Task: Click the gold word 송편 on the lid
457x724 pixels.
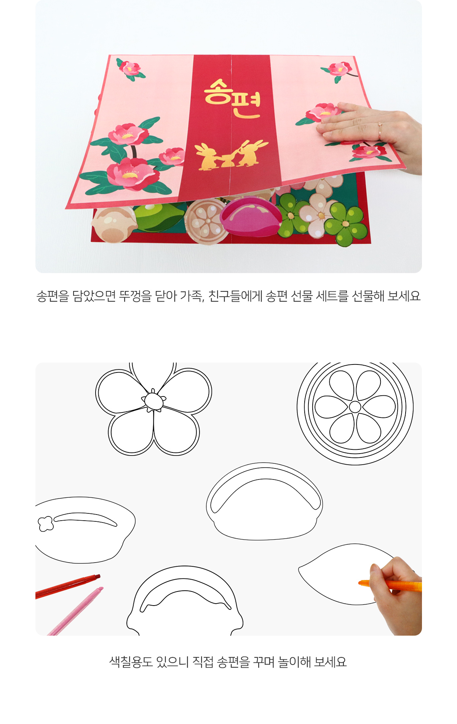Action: (x=232, y=98)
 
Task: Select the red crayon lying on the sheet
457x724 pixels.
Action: (x=67, y=586)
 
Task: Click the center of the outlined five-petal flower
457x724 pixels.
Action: (x=153, y=401)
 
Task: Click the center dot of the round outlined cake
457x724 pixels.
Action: (x=355, y=407)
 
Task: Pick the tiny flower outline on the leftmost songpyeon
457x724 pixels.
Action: (x=45, y=523)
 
